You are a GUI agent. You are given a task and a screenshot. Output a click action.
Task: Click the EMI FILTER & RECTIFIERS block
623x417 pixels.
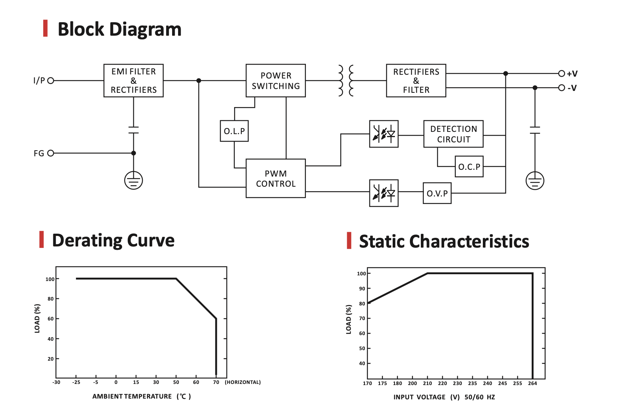[133, 80]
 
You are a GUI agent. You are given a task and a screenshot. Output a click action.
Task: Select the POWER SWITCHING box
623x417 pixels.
[275, 80]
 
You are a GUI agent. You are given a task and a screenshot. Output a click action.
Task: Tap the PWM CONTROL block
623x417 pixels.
[275, 178]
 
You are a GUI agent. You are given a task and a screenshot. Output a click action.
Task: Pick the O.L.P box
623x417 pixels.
[234, 131]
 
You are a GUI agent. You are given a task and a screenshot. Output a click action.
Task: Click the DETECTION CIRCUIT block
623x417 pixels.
[453, 134]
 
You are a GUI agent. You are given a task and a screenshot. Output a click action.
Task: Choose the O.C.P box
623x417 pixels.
[469, 166]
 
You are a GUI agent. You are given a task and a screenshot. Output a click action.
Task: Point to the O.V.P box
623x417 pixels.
[437, 193]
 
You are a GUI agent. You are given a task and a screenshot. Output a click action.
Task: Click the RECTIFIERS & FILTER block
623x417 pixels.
[416, 80]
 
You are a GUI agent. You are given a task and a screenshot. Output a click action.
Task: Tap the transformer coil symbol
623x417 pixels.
[346, 80]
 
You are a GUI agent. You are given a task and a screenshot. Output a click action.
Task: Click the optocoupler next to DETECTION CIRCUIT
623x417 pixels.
[384, 134]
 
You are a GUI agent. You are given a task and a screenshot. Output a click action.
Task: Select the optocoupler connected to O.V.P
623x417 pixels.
[384, 193]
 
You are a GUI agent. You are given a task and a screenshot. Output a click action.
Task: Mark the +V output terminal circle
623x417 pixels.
[561, 73]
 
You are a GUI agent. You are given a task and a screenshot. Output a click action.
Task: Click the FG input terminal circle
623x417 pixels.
[51, 153]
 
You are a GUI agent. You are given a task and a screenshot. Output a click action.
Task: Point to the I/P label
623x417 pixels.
[39, 80]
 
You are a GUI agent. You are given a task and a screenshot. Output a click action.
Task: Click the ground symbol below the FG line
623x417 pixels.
[133, 180]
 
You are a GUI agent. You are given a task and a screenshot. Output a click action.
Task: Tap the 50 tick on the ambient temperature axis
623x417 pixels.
[176, 382]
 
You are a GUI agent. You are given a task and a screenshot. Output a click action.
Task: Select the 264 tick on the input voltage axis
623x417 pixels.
[532, 383]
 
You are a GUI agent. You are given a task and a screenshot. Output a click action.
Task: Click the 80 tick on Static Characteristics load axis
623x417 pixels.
[362, 304]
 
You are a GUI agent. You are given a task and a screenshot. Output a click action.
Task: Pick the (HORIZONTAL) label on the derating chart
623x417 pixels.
[243, 382]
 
